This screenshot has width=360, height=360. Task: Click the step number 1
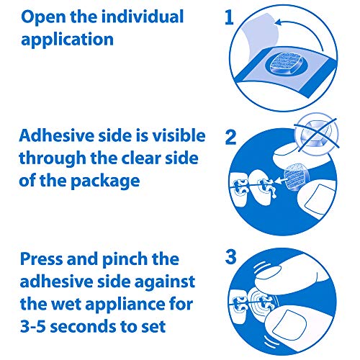click(229, 17)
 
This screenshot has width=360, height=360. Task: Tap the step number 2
click(230, 137)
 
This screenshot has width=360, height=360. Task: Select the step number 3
click(230, 256)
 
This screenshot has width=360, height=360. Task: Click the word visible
click(179, 135)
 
